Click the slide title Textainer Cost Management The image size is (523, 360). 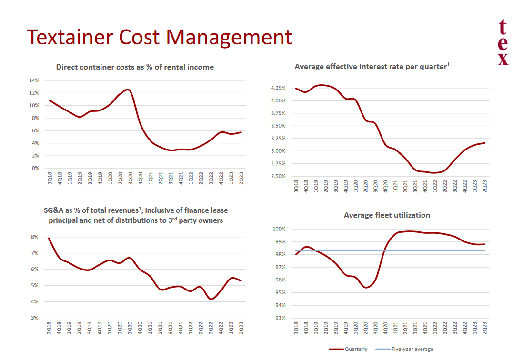click(x=159, y=37)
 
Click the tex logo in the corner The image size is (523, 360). click(x=503, y=43)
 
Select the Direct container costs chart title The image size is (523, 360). click(x=135, y=67)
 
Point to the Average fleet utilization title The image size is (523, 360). click(x=387, y=215)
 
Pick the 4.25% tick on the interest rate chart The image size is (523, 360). click(x=278, y=88)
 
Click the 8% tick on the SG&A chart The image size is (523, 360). click(x=35, y=237)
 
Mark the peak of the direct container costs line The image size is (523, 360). click(x=127, y=90)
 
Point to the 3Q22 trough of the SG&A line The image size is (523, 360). click(x=211, y=299)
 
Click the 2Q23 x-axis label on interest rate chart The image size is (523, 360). click(x=485, y=186)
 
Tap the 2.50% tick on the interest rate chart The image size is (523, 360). click(x=278, y=177)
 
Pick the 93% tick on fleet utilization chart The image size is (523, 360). click(x=279, y=318)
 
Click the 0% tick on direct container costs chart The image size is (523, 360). click(x=35, y=168)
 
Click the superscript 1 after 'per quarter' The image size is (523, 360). click(x=448, y=64)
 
